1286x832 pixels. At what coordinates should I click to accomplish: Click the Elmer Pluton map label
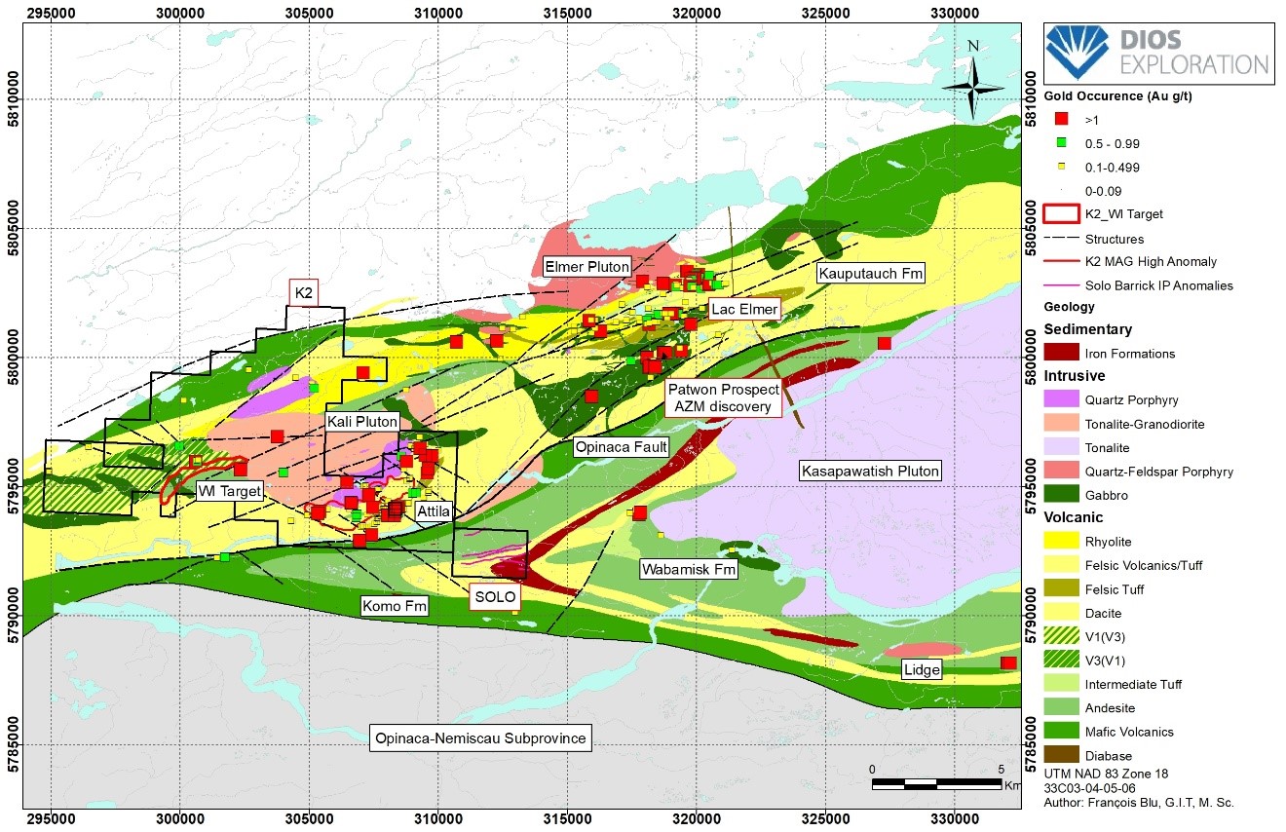pos(586,266)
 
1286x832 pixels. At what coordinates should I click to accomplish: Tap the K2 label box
pos(304,292)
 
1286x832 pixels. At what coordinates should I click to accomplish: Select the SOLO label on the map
pos(495,597)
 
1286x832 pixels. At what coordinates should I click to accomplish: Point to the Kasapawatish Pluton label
pos(870,471)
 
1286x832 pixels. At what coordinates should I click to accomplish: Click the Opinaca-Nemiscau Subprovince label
pos(481,737)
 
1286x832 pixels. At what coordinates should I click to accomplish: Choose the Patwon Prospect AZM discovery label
pos(724,397)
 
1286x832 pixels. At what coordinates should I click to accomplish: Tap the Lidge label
pos(922,669)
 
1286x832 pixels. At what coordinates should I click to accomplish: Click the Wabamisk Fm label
pos(688,569)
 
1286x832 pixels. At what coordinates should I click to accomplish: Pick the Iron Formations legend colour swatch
pos(1060,352)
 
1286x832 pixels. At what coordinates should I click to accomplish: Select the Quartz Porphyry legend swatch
pos(1060,399)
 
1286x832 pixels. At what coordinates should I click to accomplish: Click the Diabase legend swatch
pos(1060,755)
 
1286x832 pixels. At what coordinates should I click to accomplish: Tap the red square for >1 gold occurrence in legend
pos(1061,118)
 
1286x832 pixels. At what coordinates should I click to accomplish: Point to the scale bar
pos(936,782)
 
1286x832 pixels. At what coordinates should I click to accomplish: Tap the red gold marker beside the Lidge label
pos(1008,663)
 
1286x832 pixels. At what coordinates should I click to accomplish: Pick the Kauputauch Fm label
pos(870,274)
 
